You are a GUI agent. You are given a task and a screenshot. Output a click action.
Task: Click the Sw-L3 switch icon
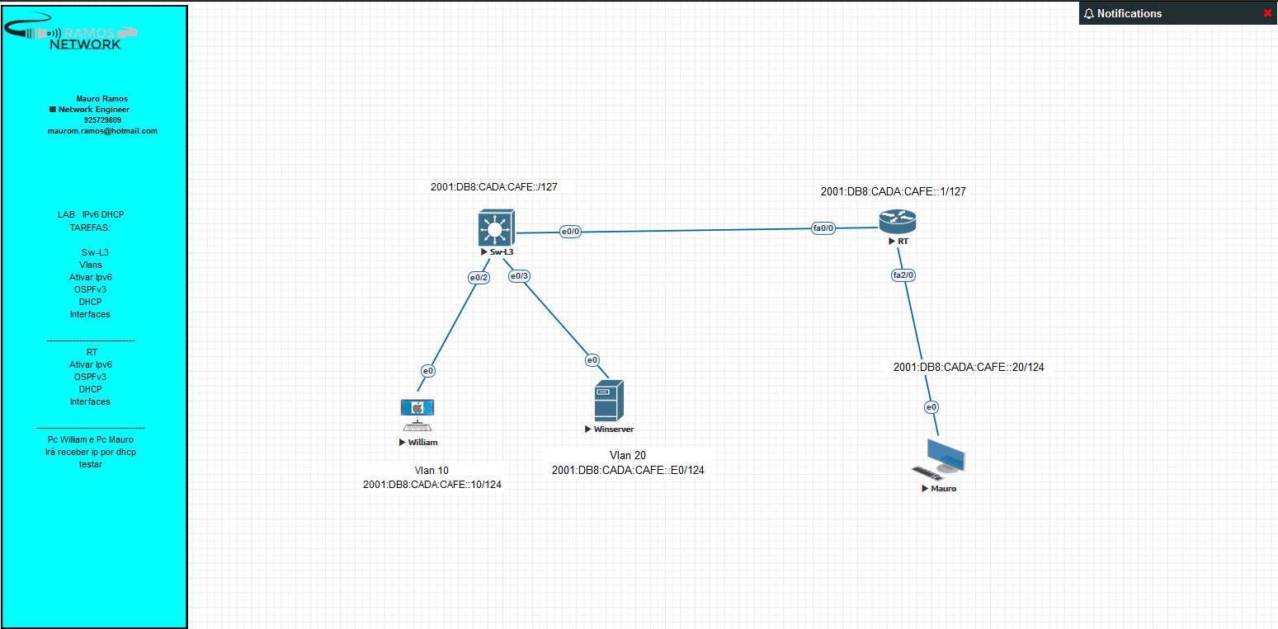pos(497,228)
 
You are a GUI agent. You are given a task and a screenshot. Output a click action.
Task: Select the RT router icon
pos(898,222)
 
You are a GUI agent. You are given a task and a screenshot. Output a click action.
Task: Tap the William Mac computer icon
pos(417,415)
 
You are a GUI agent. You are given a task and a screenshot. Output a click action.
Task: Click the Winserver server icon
pos(609,401)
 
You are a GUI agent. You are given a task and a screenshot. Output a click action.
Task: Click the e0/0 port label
pos(571,232)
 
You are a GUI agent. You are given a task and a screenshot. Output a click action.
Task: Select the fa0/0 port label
pos(823,228)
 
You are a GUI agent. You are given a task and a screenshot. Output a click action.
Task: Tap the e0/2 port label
pos(479,278)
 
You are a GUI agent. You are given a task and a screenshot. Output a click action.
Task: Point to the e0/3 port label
pos(519,276)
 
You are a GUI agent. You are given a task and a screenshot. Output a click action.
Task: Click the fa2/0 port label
pos(903,275)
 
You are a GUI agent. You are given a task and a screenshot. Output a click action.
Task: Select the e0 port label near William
pos(428,371)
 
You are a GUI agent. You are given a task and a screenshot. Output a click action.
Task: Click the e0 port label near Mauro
pos(931,407)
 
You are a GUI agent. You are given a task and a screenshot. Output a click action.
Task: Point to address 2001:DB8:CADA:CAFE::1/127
pos(893,191)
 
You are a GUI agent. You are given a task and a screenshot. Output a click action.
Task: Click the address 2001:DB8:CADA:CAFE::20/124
pos(969,367)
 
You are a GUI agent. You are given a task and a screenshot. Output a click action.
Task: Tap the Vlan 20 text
pos(628,455)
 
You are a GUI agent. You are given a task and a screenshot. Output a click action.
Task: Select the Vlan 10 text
pos(432,471)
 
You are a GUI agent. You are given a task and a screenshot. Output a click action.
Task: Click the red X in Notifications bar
pos(1267,13)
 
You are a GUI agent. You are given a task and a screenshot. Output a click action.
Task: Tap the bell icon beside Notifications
pos(1088,14)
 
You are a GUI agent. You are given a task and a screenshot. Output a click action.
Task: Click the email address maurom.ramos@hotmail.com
pos(102,130)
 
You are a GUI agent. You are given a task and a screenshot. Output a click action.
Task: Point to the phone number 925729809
pos(102,120)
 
